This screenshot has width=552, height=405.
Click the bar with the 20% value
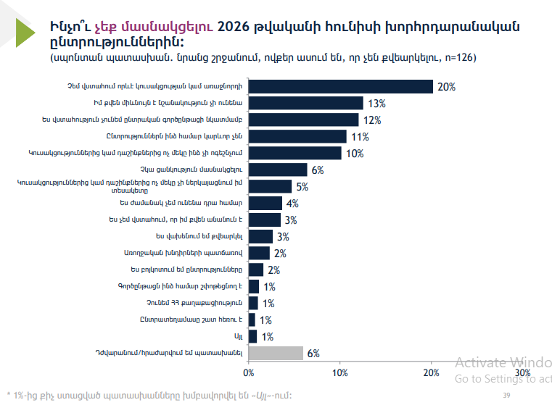(341, 87)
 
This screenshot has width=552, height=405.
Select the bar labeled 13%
(306, 103)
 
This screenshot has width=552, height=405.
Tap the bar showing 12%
(304, 120)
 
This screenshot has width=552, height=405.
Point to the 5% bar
(271, 186)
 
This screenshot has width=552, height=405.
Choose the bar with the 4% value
(265, 203)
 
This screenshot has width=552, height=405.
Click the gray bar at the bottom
(276, 353)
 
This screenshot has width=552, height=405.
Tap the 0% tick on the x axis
(249, 372)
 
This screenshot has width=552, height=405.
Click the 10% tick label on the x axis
(339, 372)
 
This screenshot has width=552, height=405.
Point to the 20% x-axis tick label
(431, 372)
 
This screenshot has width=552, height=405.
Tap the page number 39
(506, 395)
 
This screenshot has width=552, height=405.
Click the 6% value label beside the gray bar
(313, 354)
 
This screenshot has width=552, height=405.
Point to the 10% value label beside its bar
(355, 154)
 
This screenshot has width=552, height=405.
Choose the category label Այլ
(238, 336)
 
